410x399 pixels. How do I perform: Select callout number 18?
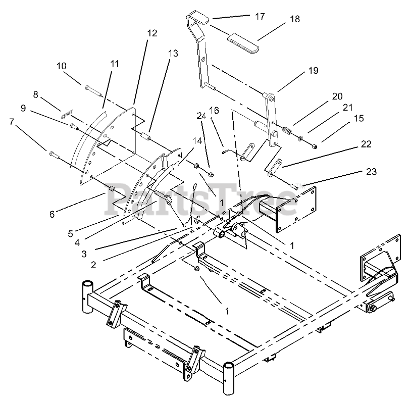pos(295,19)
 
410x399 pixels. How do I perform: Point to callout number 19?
pos(313,71)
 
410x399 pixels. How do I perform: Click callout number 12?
pos(152,33)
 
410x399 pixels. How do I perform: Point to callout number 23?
pos(371,172)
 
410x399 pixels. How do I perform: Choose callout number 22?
pos(366,144)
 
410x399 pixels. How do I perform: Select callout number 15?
pos(358,118)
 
